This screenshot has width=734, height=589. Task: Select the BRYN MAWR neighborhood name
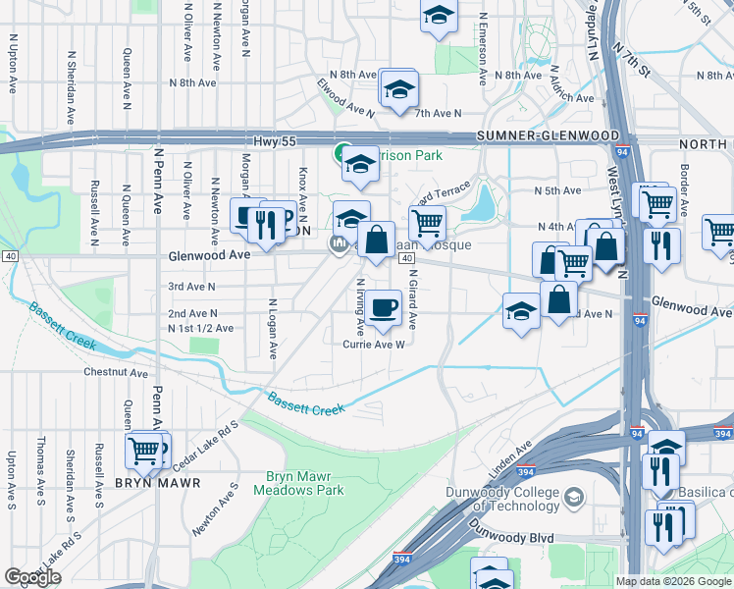[157, 483]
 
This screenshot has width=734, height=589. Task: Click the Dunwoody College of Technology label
[528, 498]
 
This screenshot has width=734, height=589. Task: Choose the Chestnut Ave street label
[115, 373]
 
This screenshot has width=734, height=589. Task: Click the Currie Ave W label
[374, 344]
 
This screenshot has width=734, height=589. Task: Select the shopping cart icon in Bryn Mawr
[144, 451]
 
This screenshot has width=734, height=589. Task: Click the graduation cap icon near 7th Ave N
[399, 88]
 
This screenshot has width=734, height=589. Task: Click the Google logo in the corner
[32, 577]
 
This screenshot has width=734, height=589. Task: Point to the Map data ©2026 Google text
[672, 581]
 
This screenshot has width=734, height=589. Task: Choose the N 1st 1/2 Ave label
[200, 328]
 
